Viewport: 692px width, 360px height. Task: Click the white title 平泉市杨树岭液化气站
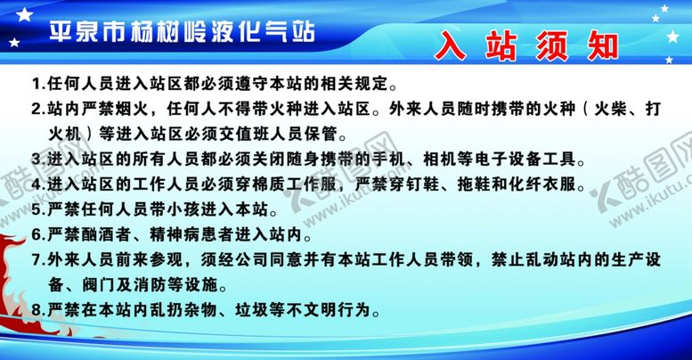pyautogui.click(x=182, y=32)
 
